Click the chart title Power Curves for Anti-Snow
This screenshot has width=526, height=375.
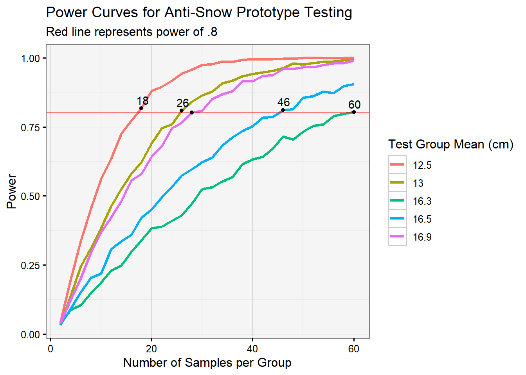pos(199,12)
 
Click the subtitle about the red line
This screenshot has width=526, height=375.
pos(131,32)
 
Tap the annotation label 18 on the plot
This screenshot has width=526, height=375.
pos(142,101)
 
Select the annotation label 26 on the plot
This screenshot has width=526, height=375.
pos(182,103)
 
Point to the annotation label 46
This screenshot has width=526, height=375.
pos(283,102)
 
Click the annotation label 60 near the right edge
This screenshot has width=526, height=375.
pos(354,105)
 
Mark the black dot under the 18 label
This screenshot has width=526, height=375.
pos(141,108)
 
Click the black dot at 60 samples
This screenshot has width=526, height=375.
pos(354,112)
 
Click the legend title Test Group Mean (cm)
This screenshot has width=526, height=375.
pos(450,145)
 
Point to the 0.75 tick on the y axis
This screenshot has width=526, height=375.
pos(31,127)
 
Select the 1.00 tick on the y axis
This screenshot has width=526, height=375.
pos(31,58)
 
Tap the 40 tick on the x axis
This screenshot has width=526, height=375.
pos(252,349)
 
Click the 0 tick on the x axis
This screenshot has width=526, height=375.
pos(50,349)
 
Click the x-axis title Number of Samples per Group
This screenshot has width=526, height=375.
pos(207,363)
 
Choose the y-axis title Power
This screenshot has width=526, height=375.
pos(12,191)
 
